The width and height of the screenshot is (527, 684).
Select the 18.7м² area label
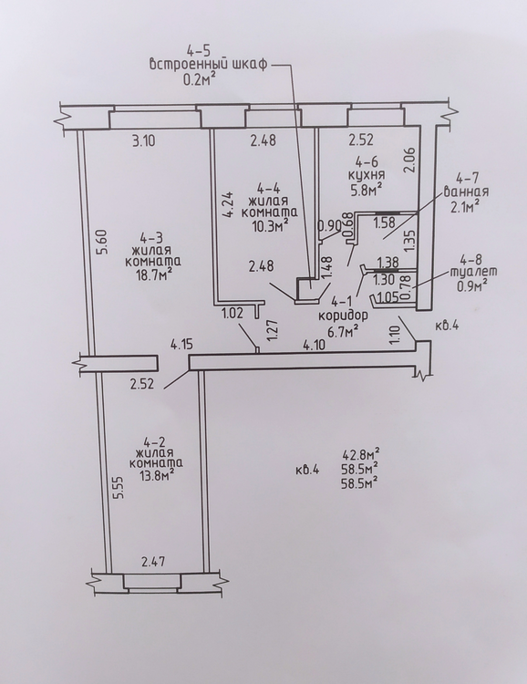(152, 275)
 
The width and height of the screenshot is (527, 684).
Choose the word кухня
(366, 175)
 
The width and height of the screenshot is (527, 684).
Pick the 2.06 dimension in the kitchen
(408, 161)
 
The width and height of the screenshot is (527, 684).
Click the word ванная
(466, 192)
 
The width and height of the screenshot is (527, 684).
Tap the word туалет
(473, 272)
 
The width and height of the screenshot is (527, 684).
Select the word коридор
(343, 316)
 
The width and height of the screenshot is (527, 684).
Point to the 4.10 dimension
(315, 346)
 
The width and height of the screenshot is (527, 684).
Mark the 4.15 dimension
(182, 346)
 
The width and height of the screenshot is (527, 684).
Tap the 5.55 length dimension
(120, 491)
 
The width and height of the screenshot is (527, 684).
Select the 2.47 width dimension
(152, 562)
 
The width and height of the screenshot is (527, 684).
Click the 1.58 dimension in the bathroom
(385, 222)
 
